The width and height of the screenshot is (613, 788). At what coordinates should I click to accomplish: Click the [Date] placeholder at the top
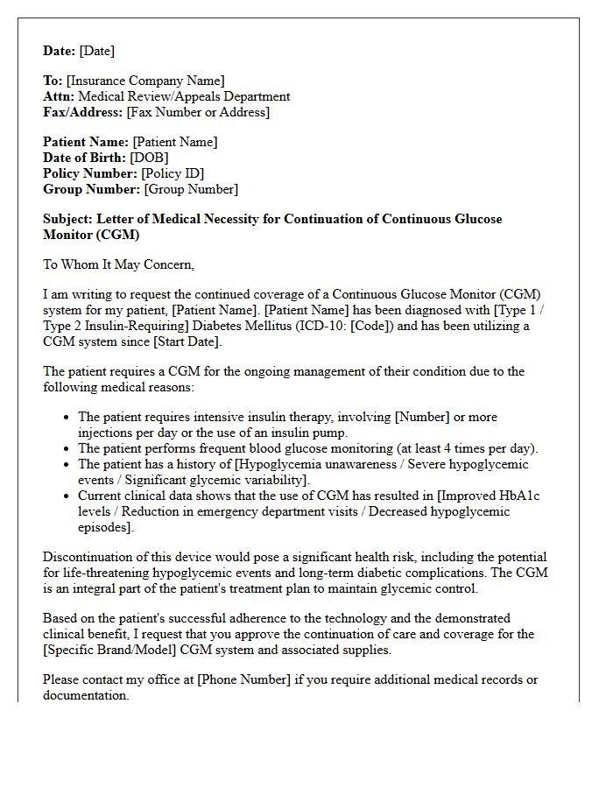pyautogui.click(x=96, y=51)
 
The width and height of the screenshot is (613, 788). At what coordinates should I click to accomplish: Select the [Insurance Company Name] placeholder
pyautogui.click(x=145, y=81)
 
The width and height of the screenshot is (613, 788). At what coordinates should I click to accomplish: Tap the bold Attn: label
pyautogui.click(x=59, y=96)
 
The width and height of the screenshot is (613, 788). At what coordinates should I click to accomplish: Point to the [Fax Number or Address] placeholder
pyautogui.click(x=198, y=112)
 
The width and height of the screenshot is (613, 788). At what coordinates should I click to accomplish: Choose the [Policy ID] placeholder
pyautogui.click(x=173, y=173)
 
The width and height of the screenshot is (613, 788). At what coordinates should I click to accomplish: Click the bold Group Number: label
pyautogui.click(x=91, y=189)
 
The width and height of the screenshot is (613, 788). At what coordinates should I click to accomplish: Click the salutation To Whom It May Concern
pyautogui.click(x=118, y=264)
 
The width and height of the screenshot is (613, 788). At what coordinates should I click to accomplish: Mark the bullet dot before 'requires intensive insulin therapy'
pyautogui.click(x=67, y=418)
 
